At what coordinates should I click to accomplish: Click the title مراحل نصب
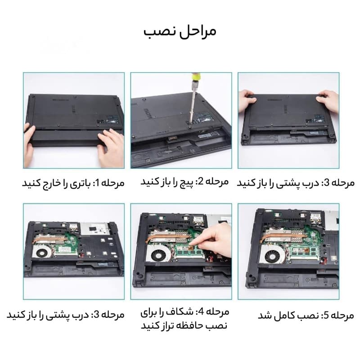180,32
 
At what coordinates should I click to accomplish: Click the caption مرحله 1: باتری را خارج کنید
73,183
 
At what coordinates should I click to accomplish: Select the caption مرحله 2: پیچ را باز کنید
184,182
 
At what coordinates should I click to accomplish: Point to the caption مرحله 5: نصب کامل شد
306,315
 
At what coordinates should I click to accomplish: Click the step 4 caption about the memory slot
184,319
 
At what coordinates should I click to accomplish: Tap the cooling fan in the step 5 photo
273,255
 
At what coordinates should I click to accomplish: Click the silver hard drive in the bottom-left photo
94,229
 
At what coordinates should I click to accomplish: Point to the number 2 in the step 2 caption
200,181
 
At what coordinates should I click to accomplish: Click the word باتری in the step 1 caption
80,184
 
